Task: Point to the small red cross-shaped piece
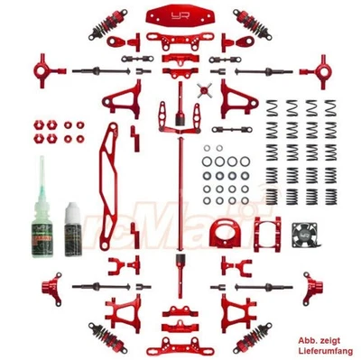[205, 92]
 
